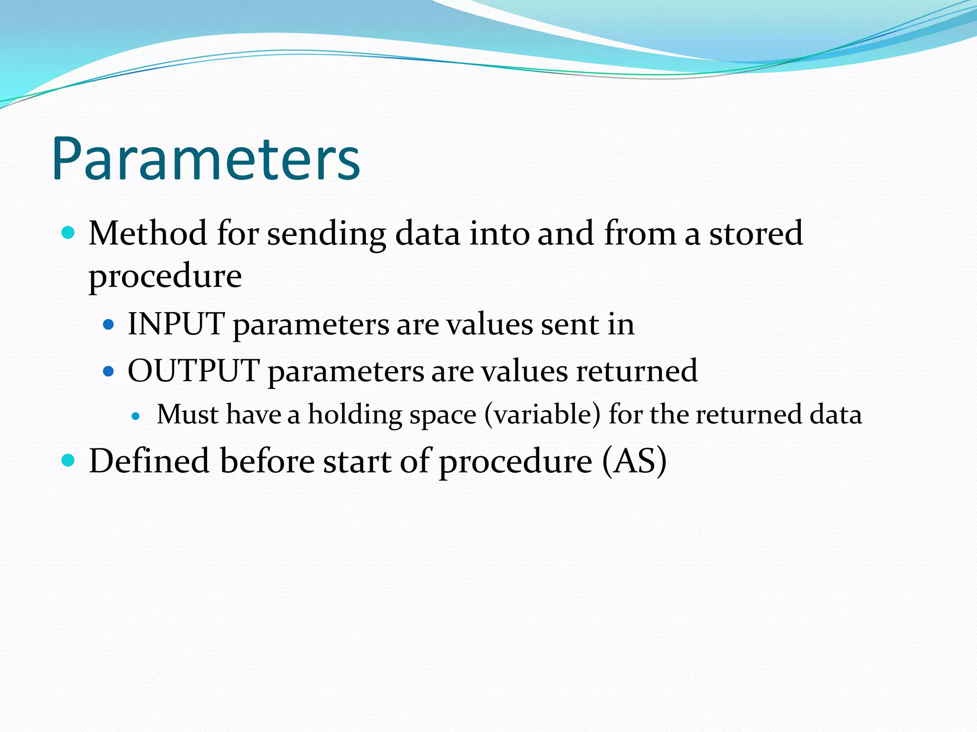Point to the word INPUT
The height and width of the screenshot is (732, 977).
click(x=176, y=324)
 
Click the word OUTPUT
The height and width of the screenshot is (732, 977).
click(x=194, y=371)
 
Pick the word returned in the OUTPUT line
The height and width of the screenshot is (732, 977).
click(x=636, y=371)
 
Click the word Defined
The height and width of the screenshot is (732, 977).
click(x=149, y=461)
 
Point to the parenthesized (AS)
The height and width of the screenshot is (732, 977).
click(x=634, y=461)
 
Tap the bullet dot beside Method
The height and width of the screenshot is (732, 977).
click(x=69, y=233)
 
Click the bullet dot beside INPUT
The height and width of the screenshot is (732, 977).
click(x=109, y=325)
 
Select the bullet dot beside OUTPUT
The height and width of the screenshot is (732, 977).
click(x=109, y=371)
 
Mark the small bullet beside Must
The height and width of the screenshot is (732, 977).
click(x=136, y=416)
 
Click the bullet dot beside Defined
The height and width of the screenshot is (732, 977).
click(x=69, y=460)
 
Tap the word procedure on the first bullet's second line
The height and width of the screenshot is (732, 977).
click(x=165, y=276)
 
